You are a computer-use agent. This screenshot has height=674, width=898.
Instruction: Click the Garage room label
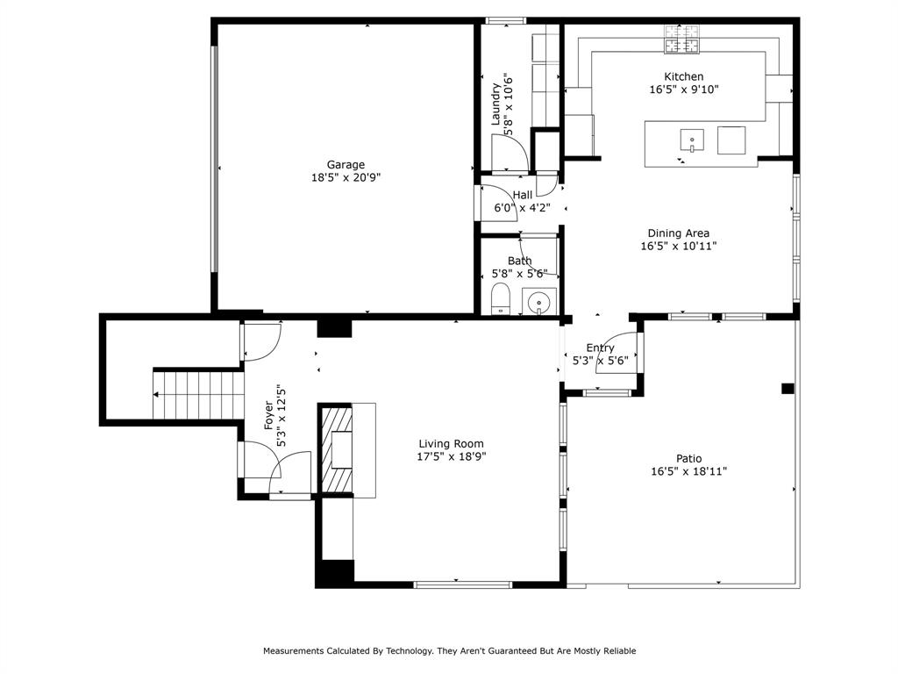click(x=346, y=164)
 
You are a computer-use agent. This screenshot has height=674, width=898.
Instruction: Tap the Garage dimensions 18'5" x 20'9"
click(x=346, y=176)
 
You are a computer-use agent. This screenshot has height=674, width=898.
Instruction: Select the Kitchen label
click(x=683, y=76)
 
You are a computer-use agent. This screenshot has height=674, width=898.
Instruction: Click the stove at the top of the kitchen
click(x=683, y=38)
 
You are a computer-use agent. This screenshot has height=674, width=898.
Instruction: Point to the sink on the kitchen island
click(x=692, y=140)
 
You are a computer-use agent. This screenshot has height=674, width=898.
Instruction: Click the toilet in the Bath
click(x=501, y=296)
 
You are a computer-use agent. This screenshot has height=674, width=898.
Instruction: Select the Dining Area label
click(x=678, y=233)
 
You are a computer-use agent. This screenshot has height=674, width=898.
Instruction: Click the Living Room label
click(x=451, y=444)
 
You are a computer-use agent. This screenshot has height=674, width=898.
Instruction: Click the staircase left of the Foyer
click(x=199, y=394)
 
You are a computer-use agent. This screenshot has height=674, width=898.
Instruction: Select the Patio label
click(x=688, y=458)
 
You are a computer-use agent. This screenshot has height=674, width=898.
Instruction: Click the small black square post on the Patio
click(x=788, y=388)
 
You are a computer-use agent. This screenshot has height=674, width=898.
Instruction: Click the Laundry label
click(x=495, y=104)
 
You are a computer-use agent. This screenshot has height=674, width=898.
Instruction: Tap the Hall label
click(x=523, y=195)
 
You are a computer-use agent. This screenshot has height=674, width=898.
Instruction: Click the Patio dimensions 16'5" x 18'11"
click(x=688, y=471)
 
